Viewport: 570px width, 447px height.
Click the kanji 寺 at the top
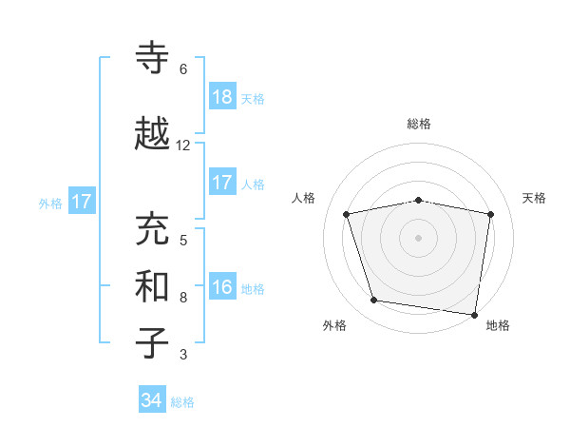(x=153, y=58)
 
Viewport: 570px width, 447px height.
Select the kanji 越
(x=153, y=134)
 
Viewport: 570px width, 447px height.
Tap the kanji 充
(x=153, y=229)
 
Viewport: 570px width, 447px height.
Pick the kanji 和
(x=153, y=287)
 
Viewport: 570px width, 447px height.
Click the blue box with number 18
(x=222, y=97)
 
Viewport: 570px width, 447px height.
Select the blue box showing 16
(x=222, y=287)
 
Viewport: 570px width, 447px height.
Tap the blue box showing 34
(x=152, y=400)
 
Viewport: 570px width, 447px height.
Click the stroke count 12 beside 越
(x=183, y=146)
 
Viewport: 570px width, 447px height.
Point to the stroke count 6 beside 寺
(x=183, y=69)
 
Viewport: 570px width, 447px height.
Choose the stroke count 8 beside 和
(x=183, y=298)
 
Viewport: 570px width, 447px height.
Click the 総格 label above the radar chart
(x=418, y=124)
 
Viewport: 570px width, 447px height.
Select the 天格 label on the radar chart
(x=534, y=198)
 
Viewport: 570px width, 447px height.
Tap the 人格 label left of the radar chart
(x=304, y=198)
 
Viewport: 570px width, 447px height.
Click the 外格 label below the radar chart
(x=334, y=325)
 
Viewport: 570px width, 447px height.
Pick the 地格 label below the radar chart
(x=498, y=325)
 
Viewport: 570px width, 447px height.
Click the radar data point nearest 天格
(x=490, y=214)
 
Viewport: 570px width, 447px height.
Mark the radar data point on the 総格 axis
(x=418, y=200)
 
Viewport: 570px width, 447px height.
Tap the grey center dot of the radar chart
(x=418, y=237)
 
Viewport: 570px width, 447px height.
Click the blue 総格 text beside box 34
(x=182, y=402)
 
